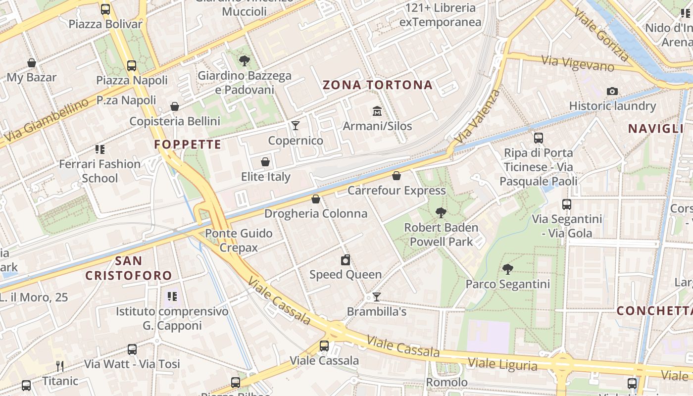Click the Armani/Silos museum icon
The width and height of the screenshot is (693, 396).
tap(377, 110)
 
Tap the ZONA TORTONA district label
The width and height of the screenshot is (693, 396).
tap(378, 85)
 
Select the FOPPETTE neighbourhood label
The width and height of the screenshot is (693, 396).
tap(188, 145)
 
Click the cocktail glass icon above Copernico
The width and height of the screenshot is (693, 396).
tap(296, 125)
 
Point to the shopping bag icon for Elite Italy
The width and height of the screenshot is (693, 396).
tap(265, 162)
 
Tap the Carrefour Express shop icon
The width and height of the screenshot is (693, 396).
tap(396, 175)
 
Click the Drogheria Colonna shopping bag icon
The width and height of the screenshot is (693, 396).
tap(316, 199)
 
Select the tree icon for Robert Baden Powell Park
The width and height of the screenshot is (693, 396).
tap(441, 213)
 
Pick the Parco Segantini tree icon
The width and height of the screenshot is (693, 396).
tap(507, 269)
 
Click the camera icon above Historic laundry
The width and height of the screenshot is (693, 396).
tap(612, 91)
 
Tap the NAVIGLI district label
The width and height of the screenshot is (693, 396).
tap(655, 129)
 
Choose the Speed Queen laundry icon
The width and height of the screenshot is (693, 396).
tap(346, 259)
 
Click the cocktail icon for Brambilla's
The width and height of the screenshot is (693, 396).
tap(377, 297)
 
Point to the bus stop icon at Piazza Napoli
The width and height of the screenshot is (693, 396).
tap(132, 65)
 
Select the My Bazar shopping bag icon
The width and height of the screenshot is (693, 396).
tap(32, 63)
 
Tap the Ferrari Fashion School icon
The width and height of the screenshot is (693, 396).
tap(100, 149)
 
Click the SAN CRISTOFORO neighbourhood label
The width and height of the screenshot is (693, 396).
tap(129, 268)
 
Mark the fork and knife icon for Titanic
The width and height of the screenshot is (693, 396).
tap(60, 366)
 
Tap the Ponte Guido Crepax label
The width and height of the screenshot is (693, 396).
tap(239, 240)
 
